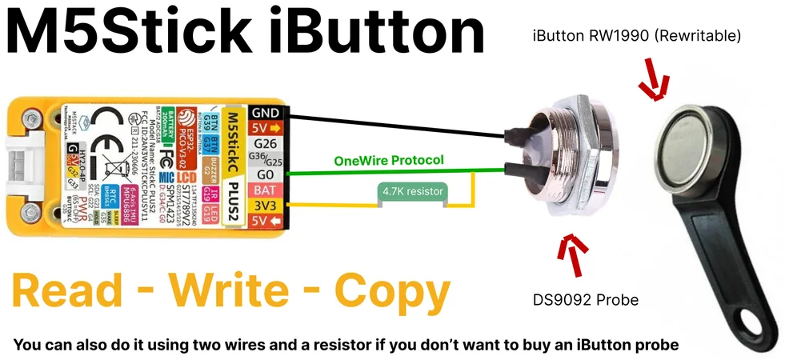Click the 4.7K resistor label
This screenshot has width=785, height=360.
[x=412, y=192]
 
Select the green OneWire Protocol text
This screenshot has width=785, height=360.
[x=388, y=160]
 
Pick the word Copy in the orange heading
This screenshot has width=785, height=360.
[x=391, y=292]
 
